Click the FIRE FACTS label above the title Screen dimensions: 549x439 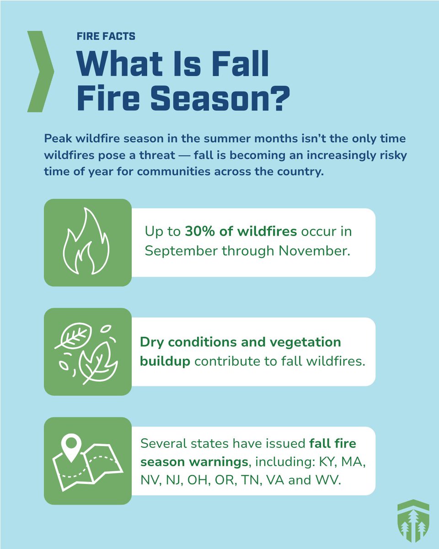pos(106,36)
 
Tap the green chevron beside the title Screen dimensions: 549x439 pos(40,71)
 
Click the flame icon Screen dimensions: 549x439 pos(87,242)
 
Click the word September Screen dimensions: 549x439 pos(181,251)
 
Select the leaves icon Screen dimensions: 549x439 pos(87,351)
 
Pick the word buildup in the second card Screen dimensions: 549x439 pos(166,361)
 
